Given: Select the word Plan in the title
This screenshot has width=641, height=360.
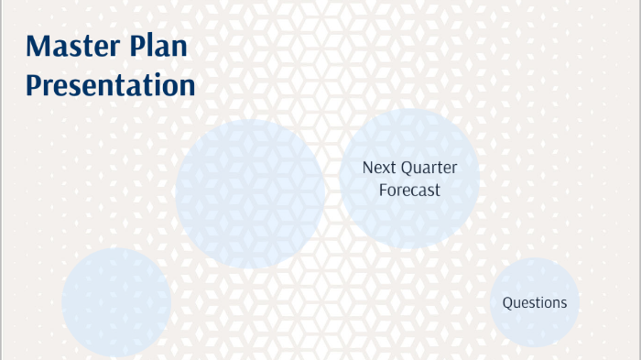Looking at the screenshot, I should pos(164,47).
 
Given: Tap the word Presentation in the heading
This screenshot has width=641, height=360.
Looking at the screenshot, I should pos(110,85).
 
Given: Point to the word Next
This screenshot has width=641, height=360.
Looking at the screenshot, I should pos(377,168).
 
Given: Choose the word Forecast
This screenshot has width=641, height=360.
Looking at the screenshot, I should pos(409,191).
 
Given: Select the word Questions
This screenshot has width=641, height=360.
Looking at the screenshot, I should pos(535,303).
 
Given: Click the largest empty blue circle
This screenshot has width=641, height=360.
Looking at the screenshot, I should pos(250,192).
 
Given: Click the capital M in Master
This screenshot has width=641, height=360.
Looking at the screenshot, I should pos(39,47).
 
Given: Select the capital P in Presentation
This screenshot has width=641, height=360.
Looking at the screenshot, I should pos(33,85).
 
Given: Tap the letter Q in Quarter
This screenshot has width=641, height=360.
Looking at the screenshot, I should pos(404,169).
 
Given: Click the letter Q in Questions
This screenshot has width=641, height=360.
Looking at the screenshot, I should pos(507,303).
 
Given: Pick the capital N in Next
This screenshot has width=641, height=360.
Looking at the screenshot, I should pos(367,168).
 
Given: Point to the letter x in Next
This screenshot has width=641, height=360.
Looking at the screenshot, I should pos(384,169).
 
